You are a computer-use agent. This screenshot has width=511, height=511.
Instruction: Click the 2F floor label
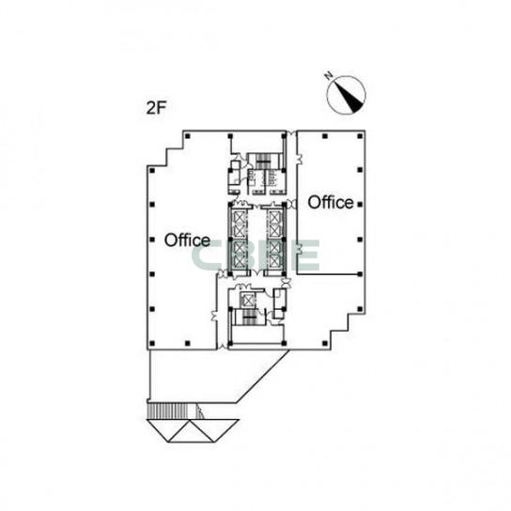pos(157,108)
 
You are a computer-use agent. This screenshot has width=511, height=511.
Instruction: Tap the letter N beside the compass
pos(329,75)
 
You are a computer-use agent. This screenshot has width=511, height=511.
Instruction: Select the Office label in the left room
pos(187,240)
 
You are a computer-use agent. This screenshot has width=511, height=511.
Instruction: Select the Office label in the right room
pos(331,202)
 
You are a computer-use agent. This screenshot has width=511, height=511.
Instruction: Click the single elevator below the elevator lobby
pos(248,300)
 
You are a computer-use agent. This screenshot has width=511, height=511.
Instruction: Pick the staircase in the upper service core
pos(263,161)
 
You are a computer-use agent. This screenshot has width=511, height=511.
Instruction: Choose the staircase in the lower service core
pos(249,317)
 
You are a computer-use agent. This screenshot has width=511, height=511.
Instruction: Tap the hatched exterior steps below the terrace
pos(168,410)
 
